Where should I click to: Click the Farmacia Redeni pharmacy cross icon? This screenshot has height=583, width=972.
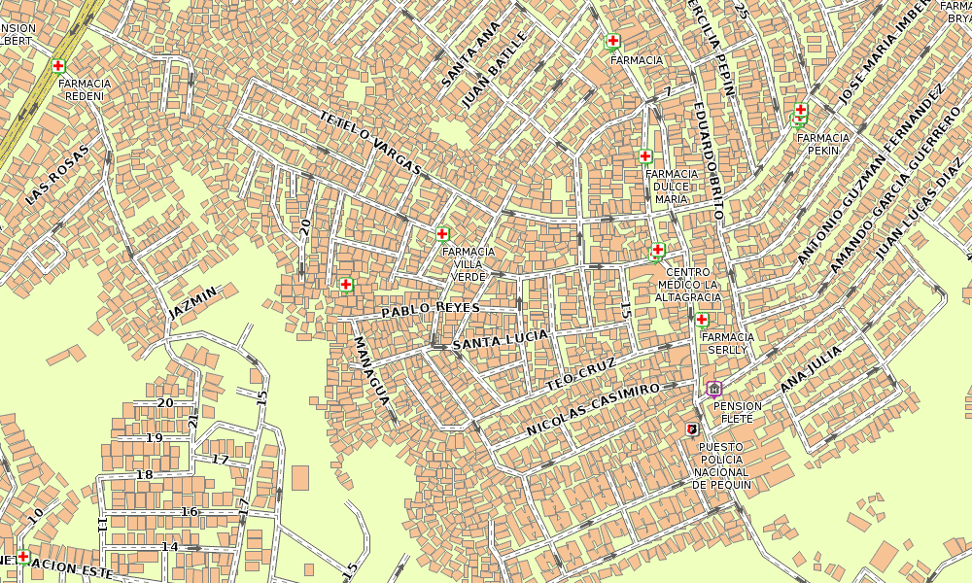click(58, 66)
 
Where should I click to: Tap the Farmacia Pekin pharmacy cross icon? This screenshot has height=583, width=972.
click(801, 111)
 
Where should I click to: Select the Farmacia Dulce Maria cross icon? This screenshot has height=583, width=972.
click(644, 155)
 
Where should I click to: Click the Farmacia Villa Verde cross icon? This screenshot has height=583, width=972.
click(442, 234)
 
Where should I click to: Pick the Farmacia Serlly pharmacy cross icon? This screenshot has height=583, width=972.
click(702, 320)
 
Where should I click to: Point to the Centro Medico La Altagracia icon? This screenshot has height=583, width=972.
click(657, 251)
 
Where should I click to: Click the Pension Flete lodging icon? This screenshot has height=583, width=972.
click(714, 389)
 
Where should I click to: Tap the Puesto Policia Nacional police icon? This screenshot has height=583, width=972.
click(692, 429)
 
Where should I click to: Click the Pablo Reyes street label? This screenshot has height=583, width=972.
click(431, 309)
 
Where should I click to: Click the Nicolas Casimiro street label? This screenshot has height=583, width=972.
click(593, 407)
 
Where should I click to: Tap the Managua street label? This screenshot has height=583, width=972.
click(372, 370)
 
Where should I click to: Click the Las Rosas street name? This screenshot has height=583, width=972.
click(56, 175)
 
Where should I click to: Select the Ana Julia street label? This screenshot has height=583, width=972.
click(811, 369)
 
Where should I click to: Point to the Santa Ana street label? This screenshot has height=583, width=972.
click(470, 53)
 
